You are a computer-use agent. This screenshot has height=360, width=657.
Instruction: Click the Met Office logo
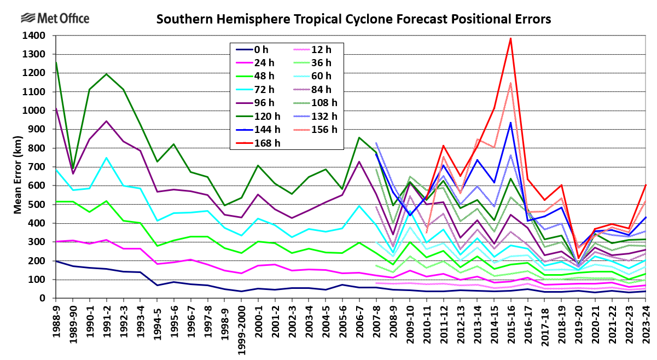tap(55, 18)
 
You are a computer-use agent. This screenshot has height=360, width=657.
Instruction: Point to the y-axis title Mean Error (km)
tap(18, 167)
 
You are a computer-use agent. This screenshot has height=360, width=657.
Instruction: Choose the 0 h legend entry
tap(265, 50)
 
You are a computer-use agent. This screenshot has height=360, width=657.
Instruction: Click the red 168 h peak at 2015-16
tap(510, 38)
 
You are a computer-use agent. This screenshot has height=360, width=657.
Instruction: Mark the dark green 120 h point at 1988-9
tap(56, 62)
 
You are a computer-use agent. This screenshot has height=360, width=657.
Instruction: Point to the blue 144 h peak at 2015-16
tap(510, 123)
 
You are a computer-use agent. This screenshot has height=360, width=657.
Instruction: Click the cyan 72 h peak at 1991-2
tap(107, 158)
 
